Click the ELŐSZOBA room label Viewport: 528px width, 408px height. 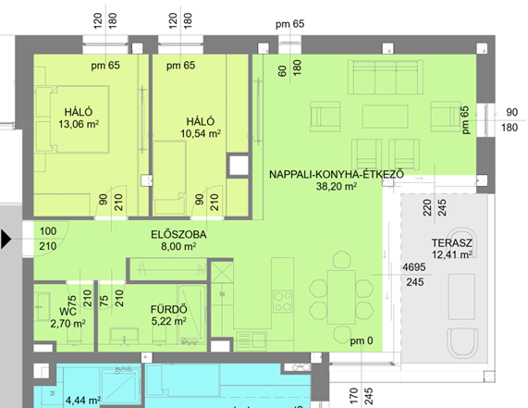coord(178,234)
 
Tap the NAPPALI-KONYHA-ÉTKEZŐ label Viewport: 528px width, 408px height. coord(337,174)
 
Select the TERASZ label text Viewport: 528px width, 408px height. coord(451,242)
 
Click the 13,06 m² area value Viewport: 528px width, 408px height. coord(79,124)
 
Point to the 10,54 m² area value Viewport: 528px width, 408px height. coord(201,133)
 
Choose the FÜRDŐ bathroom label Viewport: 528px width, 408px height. coord(168,309)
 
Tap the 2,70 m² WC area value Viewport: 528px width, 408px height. coord(68,324)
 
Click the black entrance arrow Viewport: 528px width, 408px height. coord(6,240)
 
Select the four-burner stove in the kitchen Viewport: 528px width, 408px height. coord(283,302)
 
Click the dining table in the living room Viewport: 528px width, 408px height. coord(341,297)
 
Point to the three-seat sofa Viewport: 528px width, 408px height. coord(386,77)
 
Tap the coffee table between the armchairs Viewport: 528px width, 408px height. coord(386,117)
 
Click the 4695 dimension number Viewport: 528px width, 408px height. coord(414,267)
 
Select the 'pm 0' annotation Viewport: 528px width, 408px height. coord(362,340)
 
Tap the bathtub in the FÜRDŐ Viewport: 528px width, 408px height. coord(192,315)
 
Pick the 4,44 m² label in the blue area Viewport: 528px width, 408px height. coord(83,401)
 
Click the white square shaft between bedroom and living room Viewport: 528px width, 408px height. coord(239,166)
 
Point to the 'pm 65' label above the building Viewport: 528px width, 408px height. coord(289,24)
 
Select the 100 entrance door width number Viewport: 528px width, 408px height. coord(48,231)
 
